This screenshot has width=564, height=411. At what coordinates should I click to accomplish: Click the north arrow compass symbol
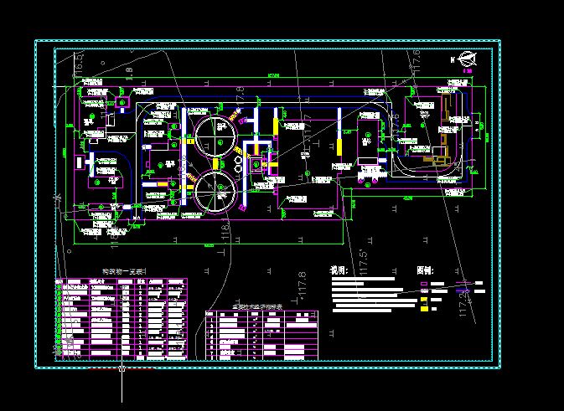coord(468,59)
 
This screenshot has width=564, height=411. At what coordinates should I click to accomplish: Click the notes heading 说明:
coord(339,272)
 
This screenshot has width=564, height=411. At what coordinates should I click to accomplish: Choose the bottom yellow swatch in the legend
coord(424,310)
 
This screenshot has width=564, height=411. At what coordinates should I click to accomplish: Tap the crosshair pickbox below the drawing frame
coord(122,368)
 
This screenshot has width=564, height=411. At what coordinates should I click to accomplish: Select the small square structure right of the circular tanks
coord(255,166)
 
